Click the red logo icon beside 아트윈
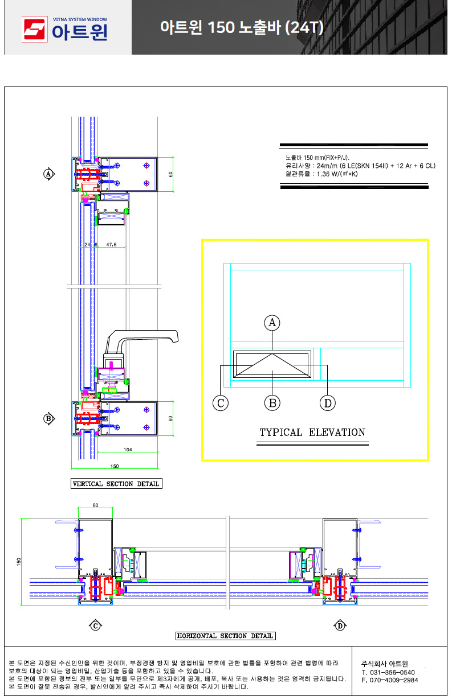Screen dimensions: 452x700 click(34, 29)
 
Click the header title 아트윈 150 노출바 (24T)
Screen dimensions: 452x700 click(242, 27)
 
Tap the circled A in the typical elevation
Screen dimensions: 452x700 click(272, 323)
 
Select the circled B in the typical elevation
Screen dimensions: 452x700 click(272, 403)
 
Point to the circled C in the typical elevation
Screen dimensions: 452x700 click(221, 403)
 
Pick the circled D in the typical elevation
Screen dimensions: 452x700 click(327, 403)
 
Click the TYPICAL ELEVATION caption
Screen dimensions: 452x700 click(312, 432)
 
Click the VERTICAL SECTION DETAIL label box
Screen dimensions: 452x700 click(116, 483)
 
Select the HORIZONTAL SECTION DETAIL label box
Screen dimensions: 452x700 click(225, 636)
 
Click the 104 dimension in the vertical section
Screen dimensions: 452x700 click(128, 450)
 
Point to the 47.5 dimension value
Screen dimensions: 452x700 click(112, 244)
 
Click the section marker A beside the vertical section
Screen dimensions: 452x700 click(48, 174)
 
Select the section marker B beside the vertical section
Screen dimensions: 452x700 click(48, 418)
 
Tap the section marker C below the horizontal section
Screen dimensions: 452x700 click(95, 625)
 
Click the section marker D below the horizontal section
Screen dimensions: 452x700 click(340, 625)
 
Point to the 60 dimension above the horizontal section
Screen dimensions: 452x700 click(95, 505)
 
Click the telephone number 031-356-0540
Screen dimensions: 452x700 click(392, 672)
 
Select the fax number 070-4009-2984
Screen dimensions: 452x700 click(394, 680)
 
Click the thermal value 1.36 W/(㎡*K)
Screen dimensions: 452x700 click(337, 174)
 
